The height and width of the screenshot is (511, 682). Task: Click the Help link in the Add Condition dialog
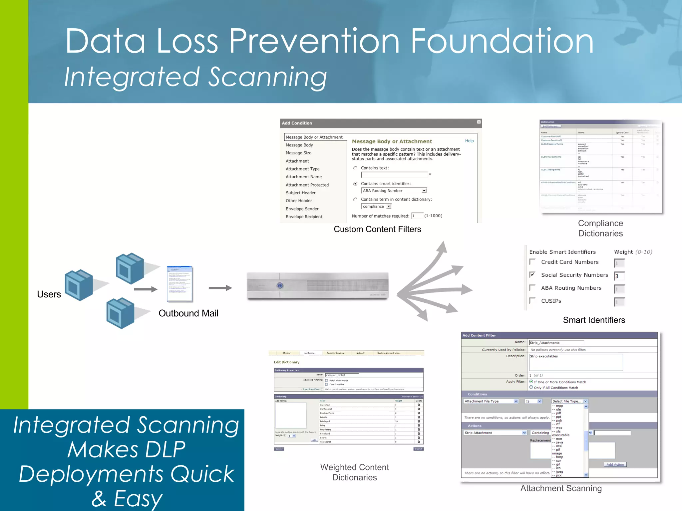(x=469, y=141)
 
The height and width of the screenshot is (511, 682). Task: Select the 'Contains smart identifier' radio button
(x=355, y=184)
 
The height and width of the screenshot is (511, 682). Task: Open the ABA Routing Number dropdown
(x=424, y=191)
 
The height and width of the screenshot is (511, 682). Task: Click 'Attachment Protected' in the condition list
(x=307, y=185)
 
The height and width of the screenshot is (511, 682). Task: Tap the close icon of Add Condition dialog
(x=479, y=122)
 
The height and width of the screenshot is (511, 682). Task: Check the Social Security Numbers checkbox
(x=532, y=275)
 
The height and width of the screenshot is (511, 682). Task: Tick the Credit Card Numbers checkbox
(x=532, y=262)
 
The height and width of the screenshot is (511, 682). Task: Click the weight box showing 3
(x=619, y=276)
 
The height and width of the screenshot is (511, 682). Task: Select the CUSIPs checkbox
(x=532, y=301)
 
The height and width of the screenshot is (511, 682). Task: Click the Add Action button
(x=615, y=464)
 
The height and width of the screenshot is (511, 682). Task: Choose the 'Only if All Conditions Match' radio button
(x=531, y=387)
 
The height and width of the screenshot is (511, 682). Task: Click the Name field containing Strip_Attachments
(x=556, y=343)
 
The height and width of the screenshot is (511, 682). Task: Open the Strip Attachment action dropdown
(x=524, y=433)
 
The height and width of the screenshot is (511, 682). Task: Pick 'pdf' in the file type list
(x=558, y=413)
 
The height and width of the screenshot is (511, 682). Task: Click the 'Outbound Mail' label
(x=188, y=313)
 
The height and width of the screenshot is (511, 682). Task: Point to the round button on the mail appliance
(x=280, y=285)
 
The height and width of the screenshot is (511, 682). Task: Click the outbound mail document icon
(x=180, y=284)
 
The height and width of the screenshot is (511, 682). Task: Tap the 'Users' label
(x=49, y=294)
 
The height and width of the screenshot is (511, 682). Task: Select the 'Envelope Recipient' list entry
(x=304, y=217)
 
